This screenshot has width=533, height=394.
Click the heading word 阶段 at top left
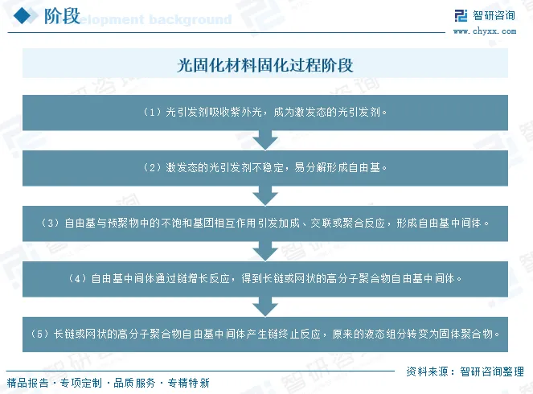pyautogui.click(x=62, y=16)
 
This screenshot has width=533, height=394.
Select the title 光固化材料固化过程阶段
pyautogui.click(x=265, y=65)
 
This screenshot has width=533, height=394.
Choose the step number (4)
pyautogui.click(x=77, y=278)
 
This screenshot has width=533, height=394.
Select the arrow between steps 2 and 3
pyautogui.click(x=265, y=195)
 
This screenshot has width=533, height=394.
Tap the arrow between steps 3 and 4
pyautogui.click(x=265, y=250)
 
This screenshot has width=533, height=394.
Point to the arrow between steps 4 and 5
pyautogui.click(x=265, y=306)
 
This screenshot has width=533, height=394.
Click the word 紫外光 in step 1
pyautogui.click(x=246, y=113)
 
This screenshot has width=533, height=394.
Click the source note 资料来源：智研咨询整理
pyautogui.click(x=465, y=371)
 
